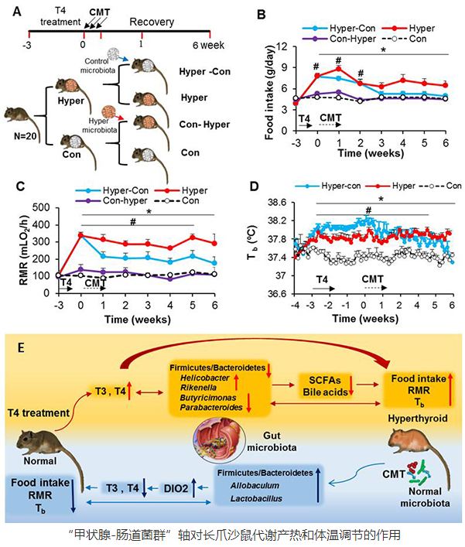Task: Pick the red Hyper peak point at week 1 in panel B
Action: pyautogui.click(x=338, y=69)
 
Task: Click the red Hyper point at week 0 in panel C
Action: pyautogui.click(x=81, y=235)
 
